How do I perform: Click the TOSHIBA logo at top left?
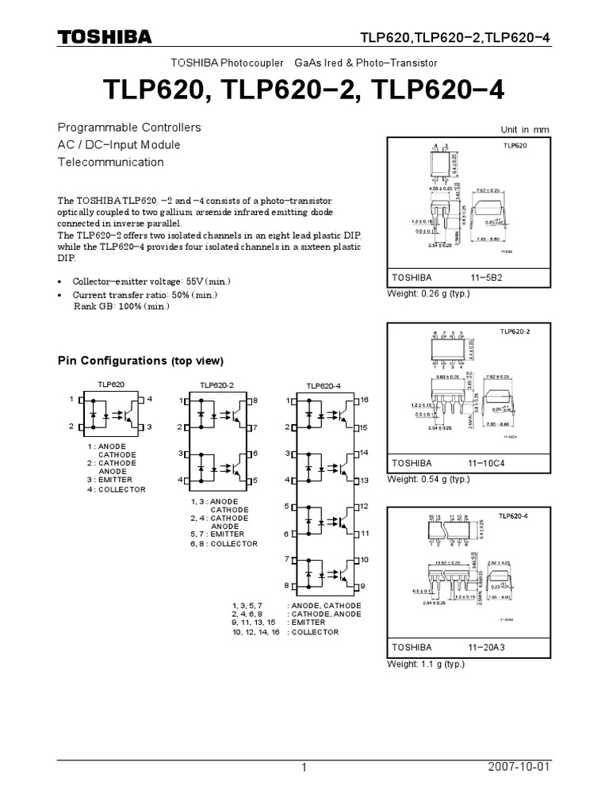(104, 37)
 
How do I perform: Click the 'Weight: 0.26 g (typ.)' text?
(428, 294)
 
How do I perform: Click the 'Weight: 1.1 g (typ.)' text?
(425, 664)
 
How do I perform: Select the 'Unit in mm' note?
(524, 130)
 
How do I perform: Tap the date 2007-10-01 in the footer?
(519, 768)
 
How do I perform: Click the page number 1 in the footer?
(303, 768)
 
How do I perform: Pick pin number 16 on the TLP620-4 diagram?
(364, 400)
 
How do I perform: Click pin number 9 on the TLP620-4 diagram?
(364, 587)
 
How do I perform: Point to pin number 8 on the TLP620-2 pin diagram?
(255, 401)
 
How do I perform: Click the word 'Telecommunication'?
(111, 162)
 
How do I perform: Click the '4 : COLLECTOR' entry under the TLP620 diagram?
(117, 489)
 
